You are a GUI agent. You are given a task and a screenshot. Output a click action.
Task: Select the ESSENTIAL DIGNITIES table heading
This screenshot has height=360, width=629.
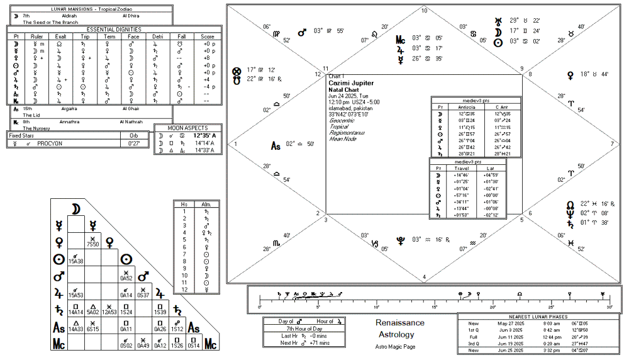tap(114, 29)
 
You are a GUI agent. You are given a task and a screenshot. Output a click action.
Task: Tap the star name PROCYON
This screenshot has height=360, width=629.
tap(50, 143)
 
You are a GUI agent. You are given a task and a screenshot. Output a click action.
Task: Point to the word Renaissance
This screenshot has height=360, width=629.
tap(399, 323)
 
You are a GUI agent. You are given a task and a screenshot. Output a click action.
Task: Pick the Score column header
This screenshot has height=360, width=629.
tap(208, 37)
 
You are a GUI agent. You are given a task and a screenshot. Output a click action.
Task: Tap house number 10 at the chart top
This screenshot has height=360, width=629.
tap(425, 11)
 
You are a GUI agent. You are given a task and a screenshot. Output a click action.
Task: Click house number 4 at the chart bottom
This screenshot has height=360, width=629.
tap(425, 277)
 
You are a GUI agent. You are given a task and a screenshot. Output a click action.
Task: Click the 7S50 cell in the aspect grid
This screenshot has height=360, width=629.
tap(93, 243)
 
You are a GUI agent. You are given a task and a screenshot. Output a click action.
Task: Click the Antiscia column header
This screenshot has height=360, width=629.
tap(466, 107)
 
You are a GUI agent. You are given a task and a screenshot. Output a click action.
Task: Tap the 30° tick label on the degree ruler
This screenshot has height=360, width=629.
tap(609, 307)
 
